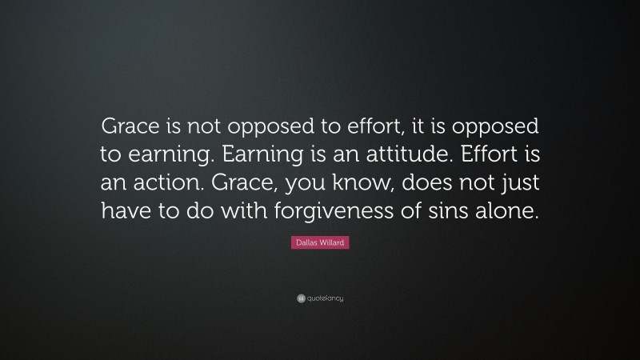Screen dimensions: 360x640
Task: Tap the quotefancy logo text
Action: click(324, 298)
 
